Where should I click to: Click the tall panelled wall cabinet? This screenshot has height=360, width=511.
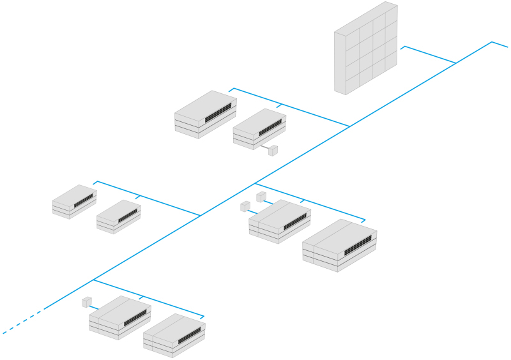pos(365,49)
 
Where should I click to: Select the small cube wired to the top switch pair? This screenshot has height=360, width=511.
pos(273,151)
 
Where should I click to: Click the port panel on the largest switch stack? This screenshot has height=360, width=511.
pos(358,246)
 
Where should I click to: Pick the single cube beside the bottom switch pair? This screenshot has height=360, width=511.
pos(87,301)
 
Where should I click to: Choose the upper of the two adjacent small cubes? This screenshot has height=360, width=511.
pos(261,196)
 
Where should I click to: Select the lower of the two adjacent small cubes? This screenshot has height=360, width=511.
pos(245,206)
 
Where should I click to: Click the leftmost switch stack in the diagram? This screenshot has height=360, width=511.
pos(74,201)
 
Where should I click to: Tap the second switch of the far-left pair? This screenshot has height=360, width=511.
pos(118,217)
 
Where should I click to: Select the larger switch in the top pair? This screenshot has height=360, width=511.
pos(205,114)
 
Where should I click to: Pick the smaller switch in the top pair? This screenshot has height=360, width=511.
pos(259,129)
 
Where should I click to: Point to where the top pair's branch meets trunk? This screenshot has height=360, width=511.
pos(349,126)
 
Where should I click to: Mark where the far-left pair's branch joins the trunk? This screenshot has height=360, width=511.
pos(201,216)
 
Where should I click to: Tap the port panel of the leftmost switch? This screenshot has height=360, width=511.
pos(83,201)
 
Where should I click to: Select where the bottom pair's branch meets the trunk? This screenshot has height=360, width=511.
pos(94,280)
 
